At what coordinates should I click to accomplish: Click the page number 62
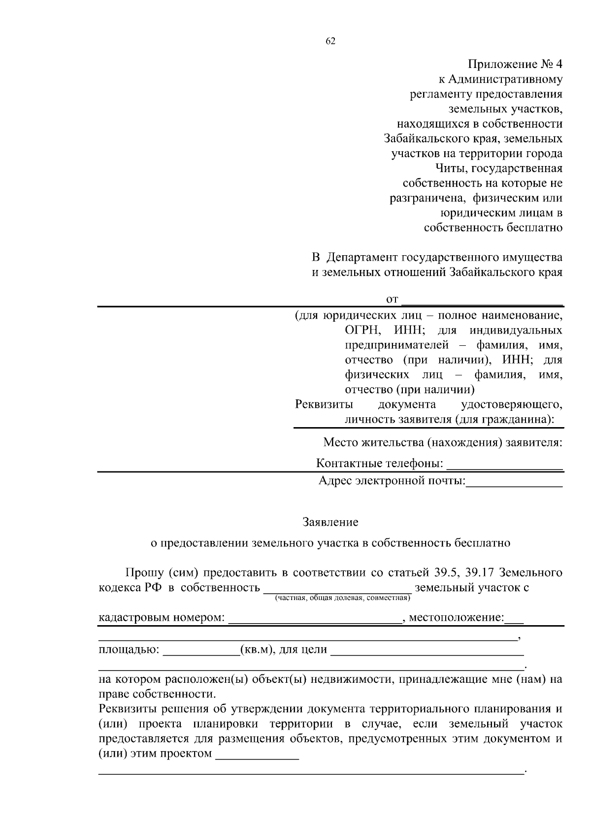tap(330, 41)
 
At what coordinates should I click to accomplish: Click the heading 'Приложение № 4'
tap(515, 65)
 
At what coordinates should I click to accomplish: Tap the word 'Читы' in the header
tap(451, 168)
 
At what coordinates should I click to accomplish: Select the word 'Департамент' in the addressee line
tap(362, 257)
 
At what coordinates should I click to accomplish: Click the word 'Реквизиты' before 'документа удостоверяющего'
tap(324, 404)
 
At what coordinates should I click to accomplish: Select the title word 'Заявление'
tap(330, 521)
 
